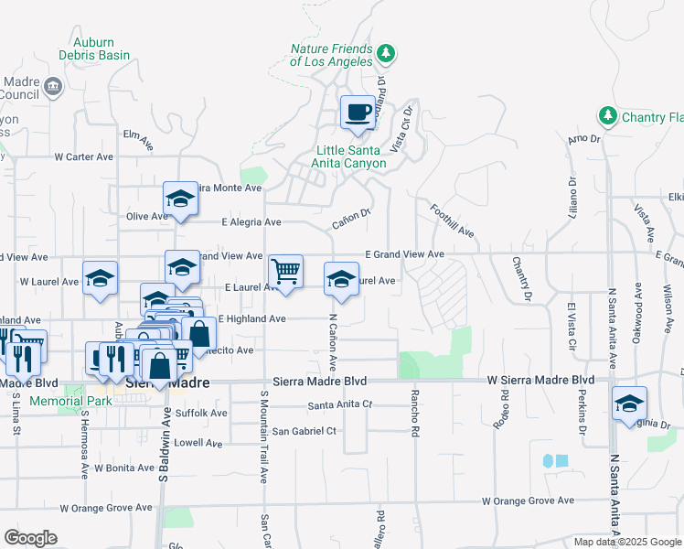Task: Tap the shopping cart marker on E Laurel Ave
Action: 286,272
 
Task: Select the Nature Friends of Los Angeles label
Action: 331,55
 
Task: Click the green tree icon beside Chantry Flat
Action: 606,116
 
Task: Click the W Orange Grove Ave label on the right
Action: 529,501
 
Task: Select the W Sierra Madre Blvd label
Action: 540,379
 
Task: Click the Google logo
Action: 30,538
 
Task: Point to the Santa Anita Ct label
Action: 340,404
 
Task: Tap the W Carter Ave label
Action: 83,156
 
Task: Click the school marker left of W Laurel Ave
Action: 100,279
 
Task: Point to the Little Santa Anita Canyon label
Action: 350,156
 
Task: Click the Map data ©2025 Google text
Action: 625,541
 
